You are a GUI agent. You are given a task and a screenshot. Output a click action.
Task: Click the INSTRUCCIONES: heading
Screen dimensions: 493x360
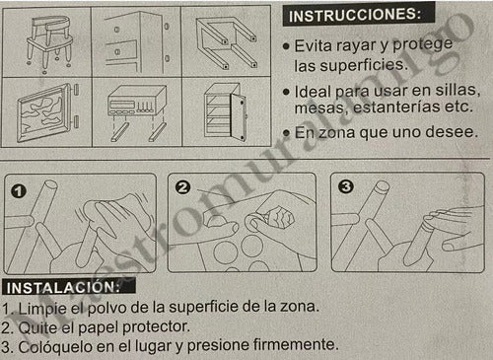(x=354, y=15)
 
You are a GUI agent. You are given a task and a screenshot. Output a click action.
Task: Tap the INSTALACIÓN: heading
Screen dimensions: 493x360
(x=63, y=288)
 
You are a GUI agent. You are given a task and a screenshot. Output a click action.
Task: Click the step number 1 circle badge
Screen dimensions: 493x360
(x=19, y=191)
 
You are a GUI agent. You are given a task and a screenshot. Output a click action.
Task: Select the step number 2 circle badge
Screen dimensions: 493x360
(x=182, y=187)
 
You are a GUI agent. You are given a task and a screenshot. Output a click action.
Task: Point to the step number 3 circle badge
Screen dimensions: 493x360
(x=345, y=186)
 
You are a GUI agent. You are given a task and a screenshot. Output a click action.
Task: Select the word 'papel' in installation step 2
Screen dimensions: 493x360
(x=98, y=327)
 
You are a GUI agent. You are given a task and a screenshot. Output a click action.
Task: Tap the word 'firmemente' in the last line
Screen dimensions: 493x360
(x=296, y=345)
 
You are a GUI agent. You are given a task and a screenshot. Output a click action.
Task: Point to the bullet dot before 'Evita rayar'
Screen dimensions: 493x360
(x=286, y=46)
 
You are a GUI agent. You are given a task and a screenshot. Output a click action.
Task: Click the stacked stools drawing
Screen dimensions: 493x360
(x=49, y=43)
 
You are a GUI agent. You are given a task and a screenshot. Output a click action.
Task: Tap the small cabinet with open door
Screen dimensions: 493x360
(x=226, y=111)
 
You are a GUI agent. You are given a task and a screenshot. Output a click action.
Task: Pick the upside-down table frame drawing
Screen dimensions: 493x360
(x=226, y=42)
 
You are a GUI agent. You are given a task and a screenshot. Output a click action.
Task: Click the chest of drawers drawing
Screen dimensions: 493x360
(x=137, y=42)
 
